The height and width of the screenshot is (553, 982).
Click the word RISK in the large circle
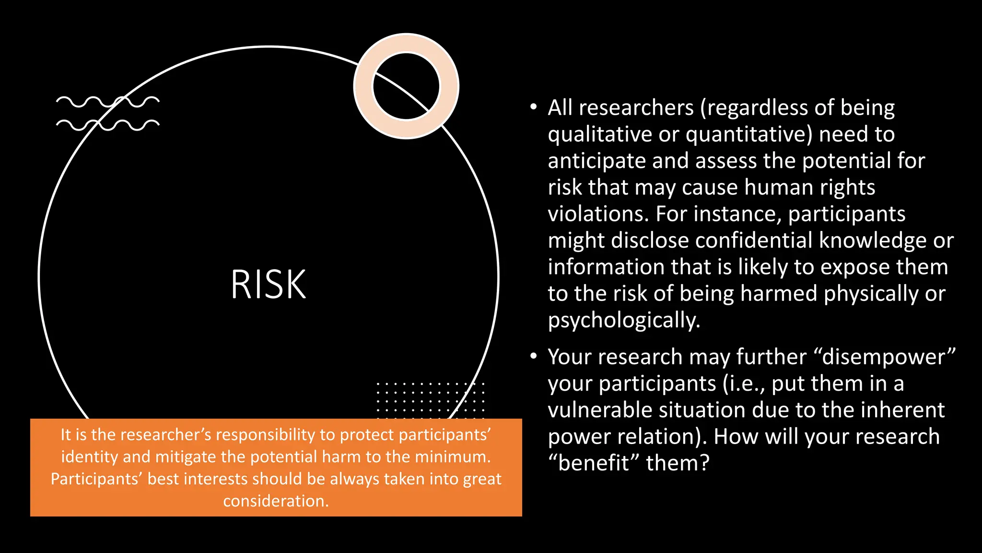(268, 284)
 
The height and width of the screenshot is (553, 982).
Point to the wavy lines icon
(107, 113)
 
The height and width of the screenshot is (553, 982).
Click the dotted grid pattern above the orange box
(430, 397)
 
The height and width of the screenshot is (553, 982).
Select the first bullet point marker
(534, 107)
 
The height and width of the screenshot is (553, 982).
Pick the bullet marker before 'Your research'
(534, 356)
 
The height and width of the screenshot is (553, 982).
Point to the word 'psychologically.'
(624, 320)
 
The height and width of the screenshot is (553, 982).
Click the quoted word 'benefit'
(594, 463)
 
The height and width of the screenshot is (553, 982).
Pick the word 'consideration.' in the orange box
(276, 501)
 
